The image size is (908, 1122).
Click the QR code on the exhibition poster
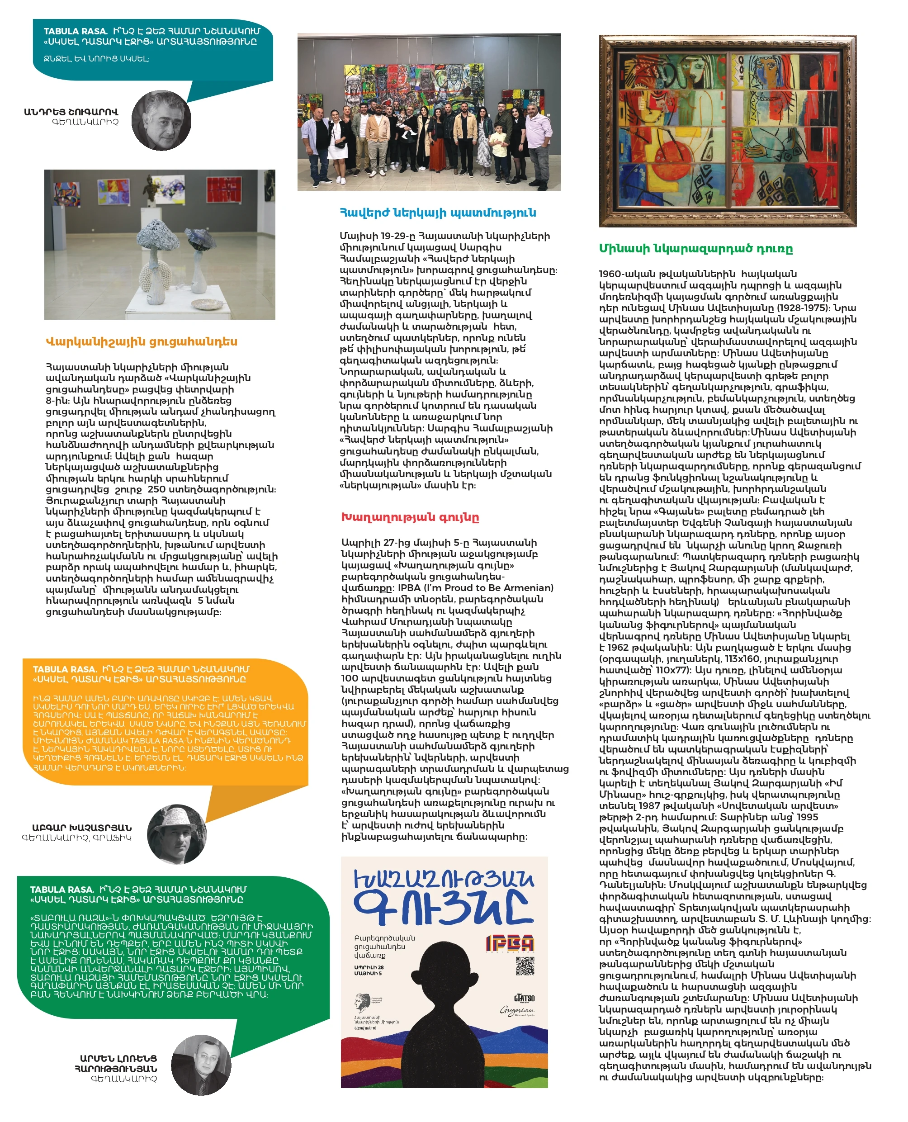coord(524,966)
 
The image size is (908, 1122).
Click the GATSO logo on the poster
coord(524,998)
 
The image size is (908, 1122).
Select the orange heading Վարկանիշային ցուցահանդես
coord(141,341)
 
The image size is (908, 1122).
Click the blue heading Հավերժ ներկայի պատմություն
coord(438,213)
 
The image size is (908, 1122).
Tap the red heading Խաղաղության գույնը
coord(410,517)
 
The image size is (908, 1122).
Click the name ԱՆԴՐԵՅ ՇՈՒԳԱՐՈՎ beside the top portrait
coord(71,112)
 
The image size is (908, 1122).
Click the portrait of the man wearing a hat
coord(177,834)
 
